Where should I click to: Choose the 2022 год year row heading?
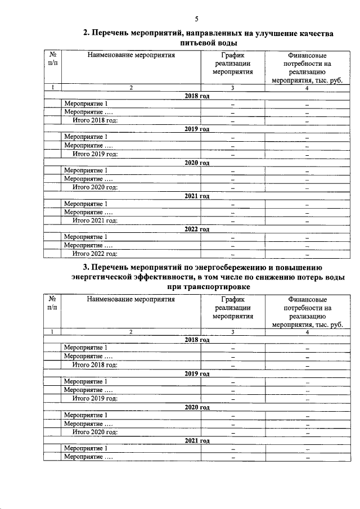197,229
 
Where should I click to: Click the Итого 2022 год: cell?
94,254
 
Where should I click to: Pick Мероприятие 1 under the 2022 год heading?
85,237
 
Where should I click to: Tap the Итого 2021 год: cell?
94,220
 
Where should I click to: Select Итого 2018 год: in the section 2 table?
94,121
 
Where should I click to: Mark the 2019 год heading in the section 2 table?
197,129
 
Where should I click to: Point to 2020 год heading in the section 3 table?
197,407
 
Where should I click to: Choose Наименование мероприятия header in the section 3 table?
130,299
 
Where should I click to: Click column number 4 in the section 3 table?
307,332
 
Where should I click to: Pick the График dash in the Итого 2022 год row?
232,255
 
